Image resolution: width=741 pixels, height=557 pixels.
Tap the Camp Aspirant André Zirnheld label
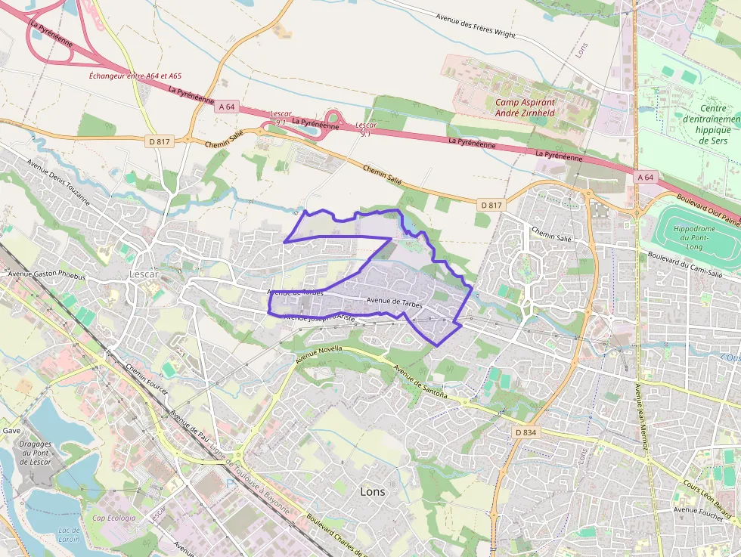point(526,107)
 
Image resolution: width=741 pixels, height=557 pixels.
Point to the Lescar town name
point(144,274)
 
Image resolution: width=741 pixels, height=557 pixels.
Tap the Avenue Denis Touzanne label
point(57,184)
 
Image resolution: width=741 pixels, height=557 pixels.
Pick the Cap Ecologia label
point(113,518)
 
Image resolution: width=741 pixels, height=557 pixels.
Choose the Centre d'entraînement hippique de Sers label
point(712,124)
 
